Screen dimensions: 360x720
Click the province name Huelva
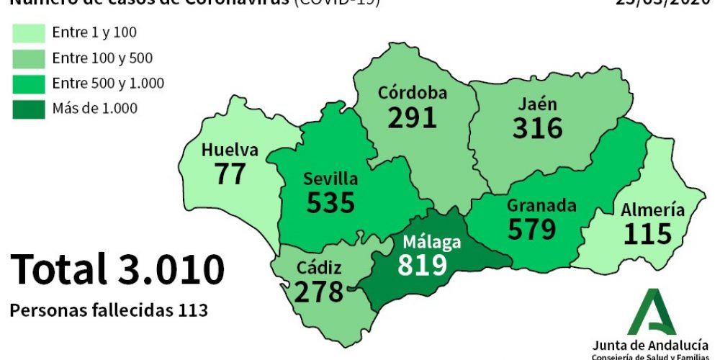[230, 150]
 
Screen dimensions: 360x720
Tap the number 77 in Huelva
[230, 174]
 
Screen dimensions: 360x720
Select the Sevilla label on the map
[330, 179]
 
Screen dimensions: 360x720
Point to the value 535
[330, 202]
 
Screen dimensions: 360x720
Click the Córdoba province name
[413, 93]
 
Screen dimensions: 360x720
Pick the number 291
[413, 117]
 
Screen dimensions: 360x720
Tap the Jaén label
[537, 104]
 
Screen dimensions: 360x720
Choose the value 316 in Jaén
[537, 128]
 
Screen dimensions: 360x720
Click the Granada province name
[541, 205]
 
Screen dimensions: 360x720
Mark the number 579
[532, 229]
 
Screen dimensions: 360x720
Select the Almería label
[653, 210]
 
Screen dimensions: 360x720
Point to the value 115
[647, 234]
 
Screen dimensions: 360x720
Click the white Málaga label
[432, 242]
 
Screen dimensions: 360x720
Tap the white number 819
[423, 265]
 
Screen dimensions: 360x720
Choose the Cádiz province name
[319, 269]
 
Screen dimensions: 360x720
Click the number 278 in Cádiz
[318, 292]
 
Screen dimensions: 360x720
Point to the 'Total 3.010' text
[117, 269]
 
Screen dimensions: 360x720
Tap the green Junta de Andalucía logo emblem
[652, 312]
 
